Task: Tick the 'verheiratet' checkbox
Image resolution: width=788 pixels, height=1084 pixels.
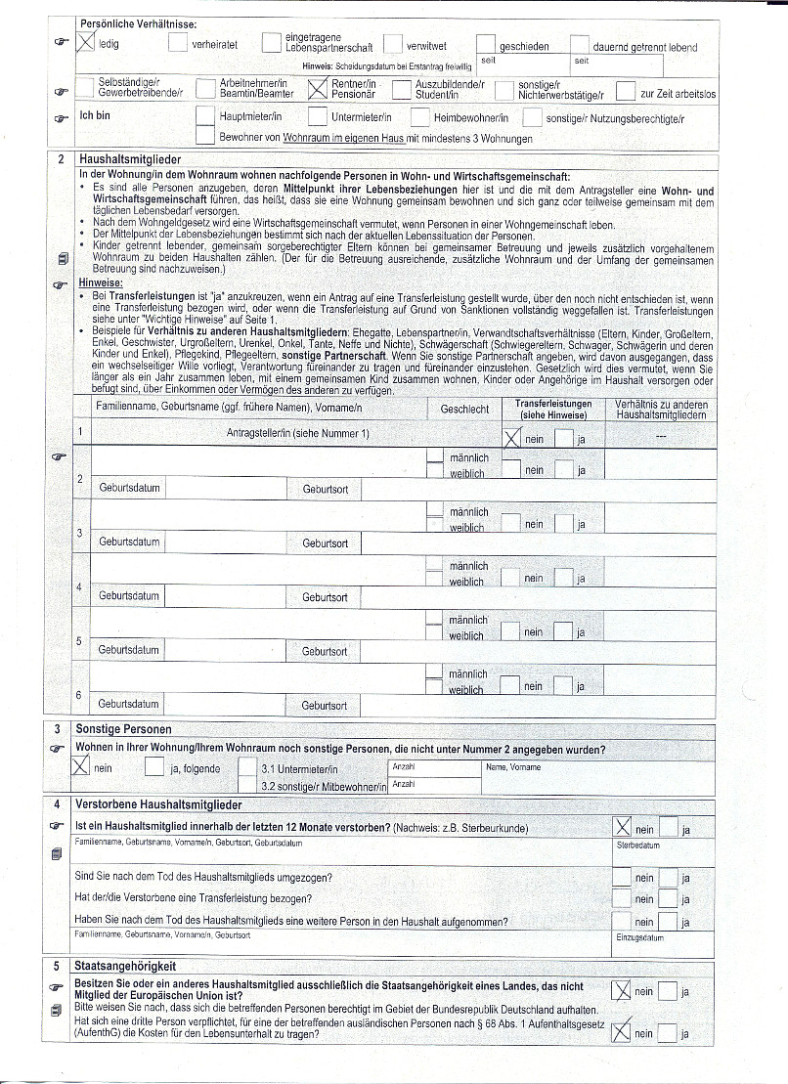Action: tap(178, 43)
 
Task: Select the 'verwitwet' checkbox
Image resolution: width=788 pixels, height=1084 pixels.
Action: tap(393, 44)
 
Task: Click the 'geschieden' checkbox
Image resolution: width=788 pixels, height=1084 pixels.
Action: tap(486, 44)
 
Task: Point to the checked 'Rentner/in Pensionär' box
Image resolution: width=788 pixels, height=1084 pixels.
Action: tap(317, 89)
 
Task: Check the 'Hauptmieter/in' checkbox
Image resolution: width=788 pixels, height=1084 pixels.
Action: tap(205, 117)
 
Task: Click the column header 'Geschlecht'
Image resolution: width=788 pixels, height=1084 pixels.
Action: tap(464, 410)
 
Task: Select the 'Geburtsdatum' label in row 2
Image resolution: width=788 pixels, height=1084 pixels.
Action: tap(129, 487)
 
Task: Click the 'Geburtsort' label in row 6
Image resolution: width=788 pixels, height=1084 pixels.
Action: tap(324, 705)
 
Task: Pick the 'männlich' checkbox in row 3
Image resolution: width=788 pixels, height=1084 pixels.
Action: tap(435, 511)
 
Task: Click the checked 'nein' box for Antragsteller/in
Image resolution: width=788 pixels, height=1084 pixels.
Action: tap(511, 439)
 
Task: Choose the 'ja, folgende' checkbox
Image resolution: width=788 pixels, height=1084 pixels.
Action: tap(154, 767)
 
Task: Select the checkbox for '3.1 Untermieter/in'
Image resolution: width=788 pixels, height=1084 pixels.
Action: tap(247, 768)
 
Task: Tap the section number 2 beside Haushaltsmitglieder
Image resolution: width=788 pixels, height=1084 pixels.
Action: tap(61, 158)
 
